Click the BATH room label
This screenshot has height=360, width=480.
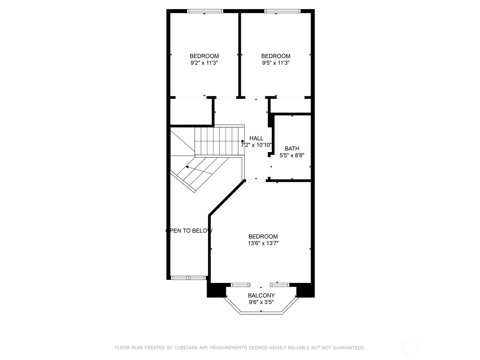pyautogui.click(x=292, y=148)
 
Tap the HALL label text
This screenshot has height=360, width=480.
pyautogui.click(x=256, y=138)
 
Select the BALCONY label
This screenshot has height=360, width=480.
pyautogui.click(x=261, y=295)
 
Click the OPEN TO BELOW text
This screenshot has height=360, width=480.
pyautogui.click(x=189, y=231)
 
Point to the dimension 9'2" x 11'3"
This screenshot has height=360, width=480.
pyautogui.click(x=204, y=63)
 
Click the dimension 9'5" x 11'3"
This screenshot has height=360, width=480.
pyautogui.click(x=276, y=63)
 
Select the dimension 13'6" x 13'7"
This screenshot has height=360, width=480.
pyautogui.click(x=263, y=243)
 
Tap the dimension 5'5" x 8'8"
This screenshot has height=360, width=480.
pyautogui.click(x=292, y=155)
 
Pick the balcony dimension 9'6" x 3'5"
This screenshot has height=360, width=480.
pyautogui.click(x=261, y=302)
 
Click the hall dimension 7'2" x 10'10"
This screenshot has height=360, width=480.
pyautogui.click(x=256, y=145)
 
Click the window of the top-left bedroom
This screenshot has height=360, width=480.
pyautogui.click(x=205, y=11)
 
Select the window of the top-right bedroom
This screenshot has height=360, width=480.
pyautogui.click(x=282, y=11)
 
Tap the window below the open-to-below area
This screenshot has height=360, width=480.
pyautogui.click(x=188, y=278)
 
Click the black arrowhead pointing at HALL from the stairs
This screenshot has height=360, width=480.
pyautogui.click(x=243, y=141)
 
